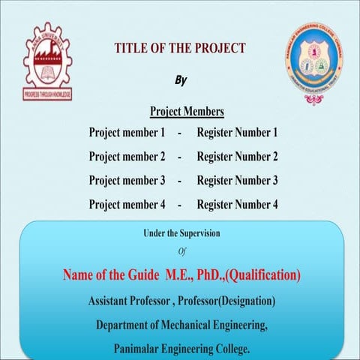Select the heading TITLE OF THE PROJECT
[x=180, y=49]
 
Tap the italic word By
[x=180, y=80]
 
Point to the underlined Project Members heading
[x=187, y=112]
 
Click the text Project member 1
[x=127, y=133]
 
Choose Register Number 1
[x=237, y=133]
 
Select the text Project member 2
[x=127, y=157]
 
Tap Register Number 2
[x=237, y=157]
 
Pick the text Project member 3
[x=127, y=181]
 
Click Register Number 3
[x=237, y=181]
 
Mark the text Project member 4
[x=127, y=205]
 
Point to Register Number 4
[x=237, y=205]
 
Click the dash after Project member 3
[x=180, y=181]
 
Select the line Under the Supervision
[x=181, y=233]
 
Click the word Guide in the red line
[x=146, y=276]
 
